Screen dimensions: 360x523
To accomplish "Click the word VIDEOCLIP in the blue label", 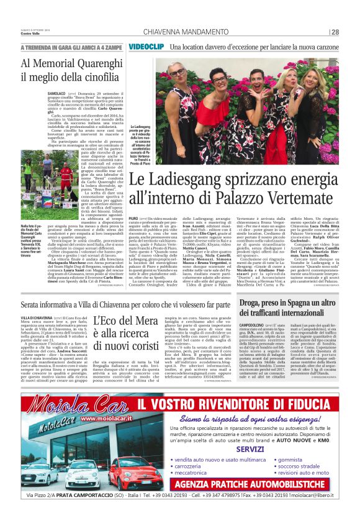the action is click(147, 47).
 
